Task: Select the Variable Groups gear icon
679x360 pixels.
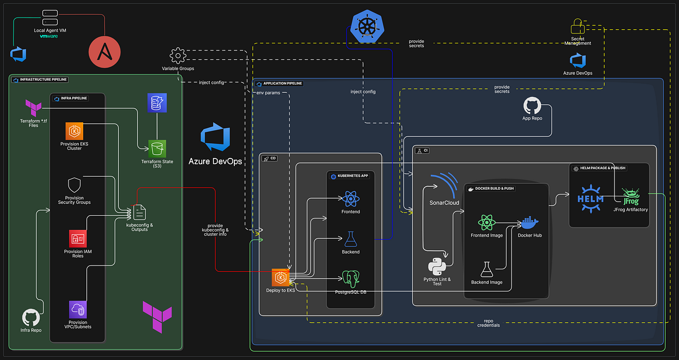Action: [x=178, y=55]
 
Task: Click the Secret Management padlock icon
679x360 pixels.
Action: [x=577, y=27]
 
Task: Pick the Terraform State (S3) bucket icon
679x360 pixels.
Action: [x=157, y=149]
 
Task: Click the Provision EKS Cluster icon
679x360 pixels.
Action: [x=74, y=131]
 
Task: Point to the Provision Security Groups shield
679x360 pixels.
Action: [x=74, y=186]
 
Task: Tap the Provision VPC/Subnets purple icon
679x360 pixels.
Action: [x=78, y=310]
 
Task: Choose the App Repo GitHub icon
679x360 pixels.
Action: [x=532, y=106]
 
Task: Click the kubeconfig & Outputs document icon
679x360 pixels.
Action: [x=139, y=212]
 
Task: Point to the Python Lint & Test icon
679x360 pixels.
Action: [x=436, y=265]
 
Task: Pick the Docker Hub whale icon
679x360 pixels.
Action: [x=530, y=222]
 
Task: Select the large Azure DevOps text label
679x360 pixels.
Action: [x=215, y=161]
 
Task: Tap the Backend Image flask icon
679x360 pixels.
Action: [x=486, y=269]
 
